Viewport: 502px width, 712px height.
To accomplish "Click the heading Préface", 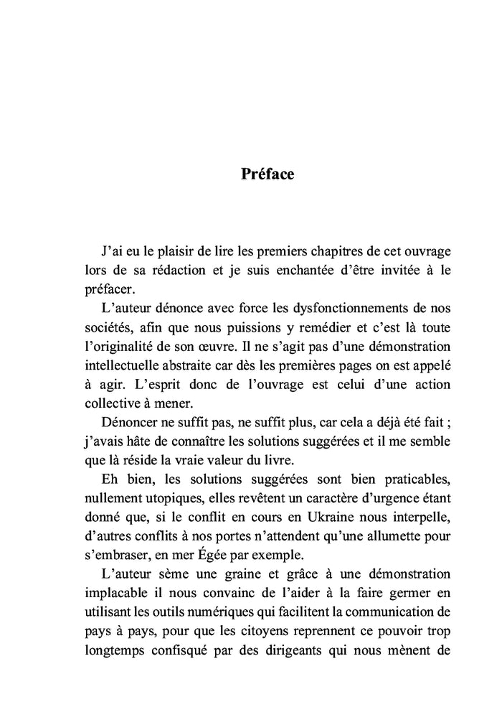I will pyautogui.click(x=267, y=174).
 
